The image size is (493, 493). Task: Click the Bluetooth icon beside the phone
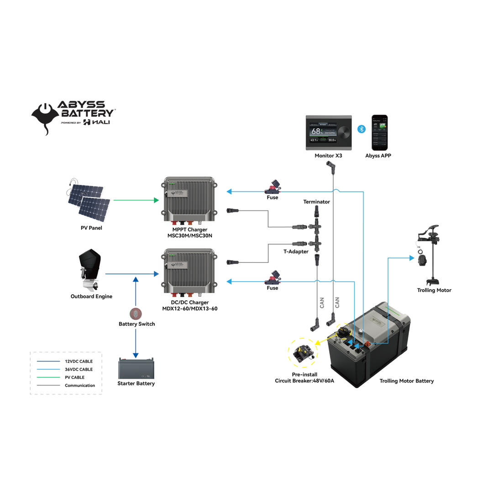(x=360, y=129)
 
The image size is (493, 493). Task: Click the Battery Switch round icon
(x=136, y=314)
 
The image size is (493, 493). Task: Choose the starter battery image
(x=136, y=368)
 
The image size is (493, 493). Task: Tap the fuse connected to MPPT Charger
(x=273, y=186)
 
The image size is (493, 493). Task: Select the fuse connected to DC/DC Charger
(x=273, y=277)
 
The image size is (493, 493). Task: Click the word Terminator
(x=316, y=201)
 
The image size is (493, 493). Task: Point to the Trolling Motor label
(x=434, y=290)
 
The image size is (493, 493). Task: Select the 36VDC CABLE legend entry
(x=79, y=369)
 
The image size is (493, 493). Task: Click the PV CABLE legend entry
(x=74, y=378)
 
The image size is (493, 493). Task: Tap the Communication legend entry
(x=80, y=386)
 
